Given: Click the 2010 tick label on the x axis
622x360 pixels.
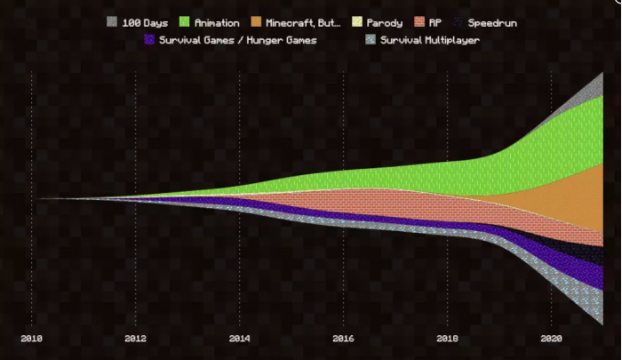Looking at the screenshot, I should click(31, 339).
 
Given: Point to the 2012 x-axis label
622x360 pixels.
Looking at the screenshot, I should click(135, 339).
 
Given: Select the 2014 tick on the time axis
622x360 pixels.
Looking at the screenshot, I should click(239, 339).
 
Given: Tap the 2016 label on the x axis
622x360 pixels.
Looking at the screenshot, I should click(343, 339).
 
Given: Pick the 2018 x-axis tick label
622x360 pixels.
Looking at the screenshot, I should click(447, 339).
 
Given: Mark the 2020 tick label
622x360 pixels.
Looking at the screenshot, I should click(551, 339).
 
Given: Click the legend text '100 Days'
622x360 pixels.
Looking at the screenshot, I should click(145, 22).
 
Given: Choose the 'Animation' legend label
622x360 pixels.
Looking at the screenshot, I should click(218, 22).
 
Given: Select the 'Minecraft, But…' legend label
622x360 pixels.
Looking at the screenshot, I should click(303, 22).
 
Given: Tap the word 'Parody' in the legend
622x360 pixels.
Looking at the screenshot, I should click(384, 22).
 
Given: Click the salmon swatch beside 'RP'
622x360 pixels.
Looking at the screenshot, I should click(419, 22).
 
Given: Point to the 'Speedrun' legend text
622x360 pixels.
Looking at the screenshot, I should click(492, 22).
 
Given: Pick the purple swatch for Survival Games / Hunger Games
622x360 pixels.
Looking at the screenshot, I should click(149, 40).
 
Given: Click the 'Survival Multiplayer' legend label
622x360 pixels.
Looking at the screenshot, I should click(430, 40).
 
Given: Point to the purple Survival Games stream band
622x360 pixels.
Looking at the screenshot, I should click(569, 262).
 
